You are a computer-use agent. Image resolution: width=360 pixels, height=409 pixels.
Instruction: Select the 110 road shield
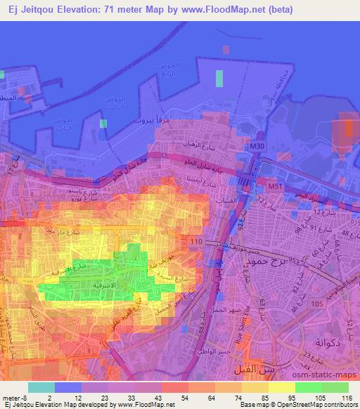click(197, 242)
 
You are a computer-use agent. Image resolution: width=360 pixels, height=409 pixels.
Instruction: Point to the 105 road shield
click(317, 303)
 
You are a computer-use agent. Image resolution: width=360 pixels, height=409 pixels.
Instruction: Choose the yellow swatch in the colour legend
click(281, 386)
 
